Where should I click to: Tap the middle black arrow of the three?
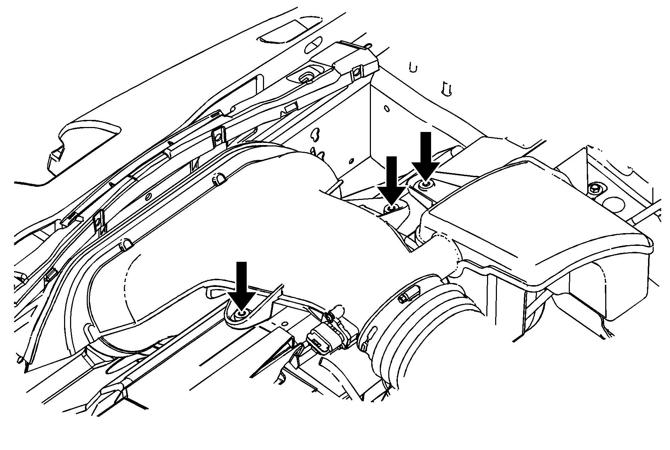point(391,179)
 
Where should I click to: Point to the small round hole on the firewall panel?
point(387,109)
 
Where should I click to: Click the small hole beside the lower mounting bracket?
point(284,324)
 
